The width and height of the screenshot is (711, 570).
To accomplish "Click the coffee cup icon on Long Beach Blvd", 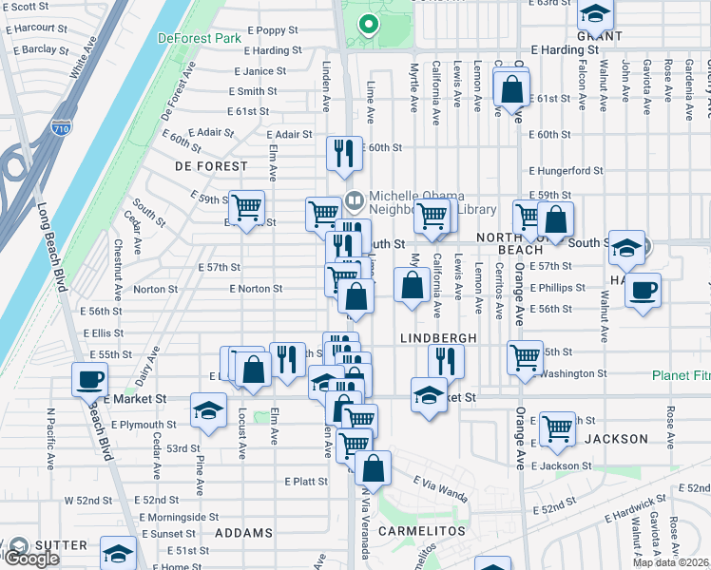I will point(90,379).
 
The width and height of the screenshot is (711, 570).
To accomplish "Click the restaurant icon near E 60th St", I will point(343,151).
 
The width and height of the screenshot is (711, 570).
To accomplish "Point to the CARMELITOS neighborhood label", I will point(422,530).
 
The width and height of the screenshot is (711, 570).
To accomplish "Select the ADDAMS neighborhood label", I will point(244,533).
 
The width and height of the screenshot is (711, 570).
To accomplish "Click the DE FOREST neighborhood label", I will point(202,165).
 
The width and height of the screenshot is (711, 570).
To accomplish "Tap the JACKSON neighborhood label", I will point(615,439).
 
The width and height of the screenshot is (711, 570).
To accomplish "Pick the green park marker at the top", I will point(368,25).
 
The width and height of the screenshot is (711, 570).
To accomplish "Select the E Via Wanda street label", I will point(440,495).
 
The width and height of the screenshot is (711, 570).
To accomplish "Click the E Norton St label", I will point(256,289).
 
